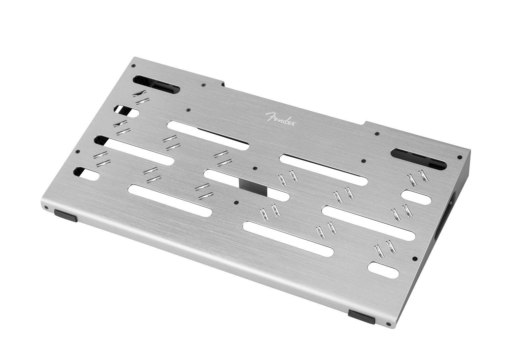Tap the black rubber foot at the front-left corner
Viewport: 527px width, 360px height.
coord(66,216)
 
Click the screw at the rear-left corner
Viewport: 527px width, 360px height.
coord(134,66)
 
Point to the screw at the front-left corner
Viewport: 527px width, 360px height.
coord(46,207)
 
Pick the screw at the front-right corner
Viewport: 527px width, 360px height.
coord(387,324)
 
